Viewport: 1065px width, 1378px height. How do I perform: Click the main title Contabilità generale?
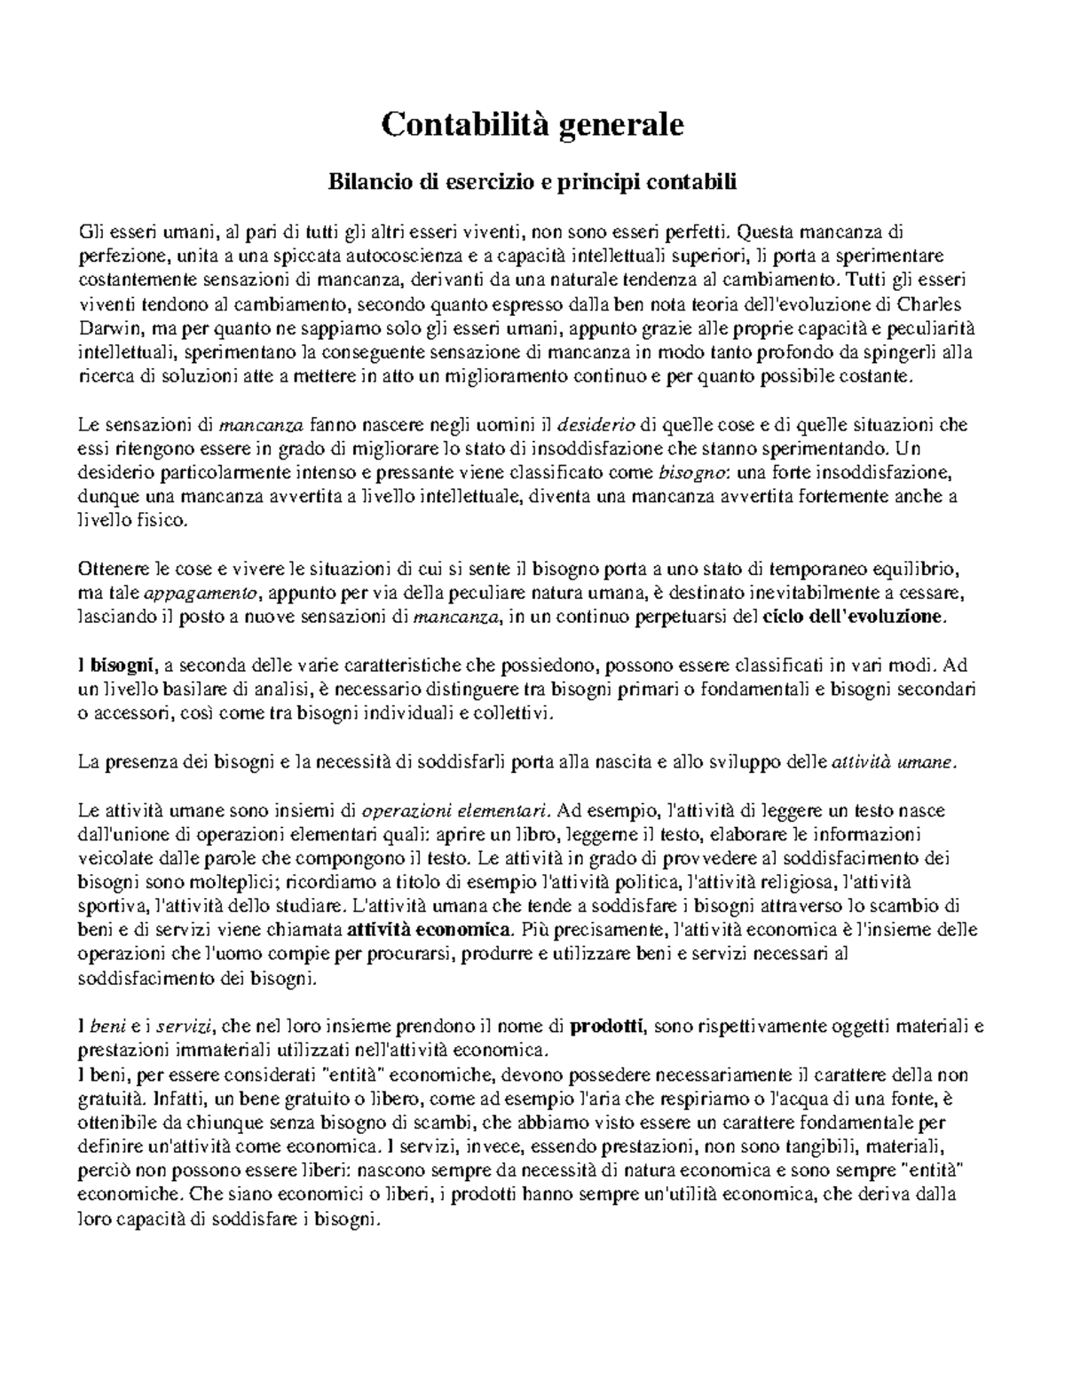[532, 124]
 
